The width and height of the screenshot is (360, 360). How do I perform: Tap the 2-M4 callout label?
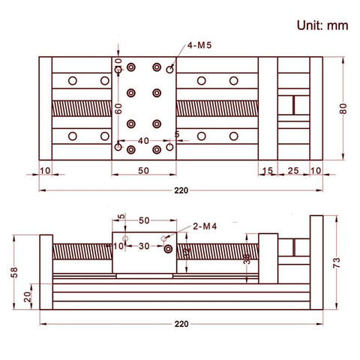(x=205, y=226)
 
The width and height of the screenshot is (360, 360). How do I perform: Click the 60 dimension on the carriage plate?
(x=118, y=108)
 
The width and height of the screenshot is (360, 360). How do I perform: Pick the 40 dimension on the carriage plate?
(x=142, y=141)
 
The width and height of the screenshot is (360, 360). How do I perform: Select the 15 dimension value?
(x=268, y=171)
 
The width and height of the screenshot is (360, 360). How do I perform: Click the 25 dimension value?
(x=292, y=171)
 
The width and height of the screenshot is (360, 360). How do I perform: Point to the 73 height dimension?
(x=337, y=262)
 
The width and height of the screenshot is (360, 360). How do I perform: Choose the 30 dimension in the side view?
(x=144, y=246)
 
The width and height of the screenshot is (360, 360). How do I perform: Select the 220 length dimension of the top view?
(x=180, y=190)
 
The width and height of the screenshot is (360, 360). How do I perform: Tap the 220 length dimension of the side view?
(x=180, y=324)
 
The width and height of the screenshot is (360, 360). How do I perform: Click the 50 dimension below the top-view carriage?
(x=142, y=171)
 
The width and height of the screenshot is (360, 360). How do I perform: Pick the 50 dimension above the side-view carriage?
(x=144, y=220)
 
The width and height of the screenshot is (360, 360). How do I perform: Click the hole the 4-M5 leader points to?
(x=170, y=69)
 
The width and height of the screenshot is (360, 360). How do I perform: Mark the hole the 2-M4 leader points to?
(x=168, y=248)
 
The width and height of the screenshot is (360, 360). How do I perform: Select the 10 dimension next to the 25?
(x=315, y=171)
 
